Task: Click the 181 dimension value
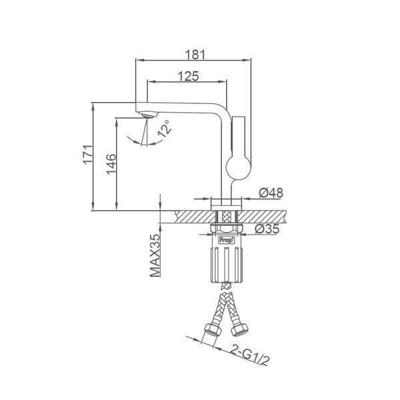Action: [x=195, y=55]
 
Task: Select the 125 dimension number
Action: [x=188, y=76]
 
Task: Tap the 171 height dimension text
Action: [x=88, y=155]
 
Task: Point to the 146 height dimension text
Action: [x=111, y=164]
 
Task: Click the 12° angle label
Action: [x=164, y=129]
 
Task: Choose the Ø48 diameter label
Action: [x=271, y=193]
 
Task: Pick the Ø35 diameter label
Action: [x=267, y=229]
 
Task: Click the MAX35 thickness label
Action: [x=155, y=255]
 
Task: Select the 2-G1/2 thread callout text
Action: [x=250, y=355]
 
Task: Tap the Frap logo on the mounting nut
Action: [x=227, y=240]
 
